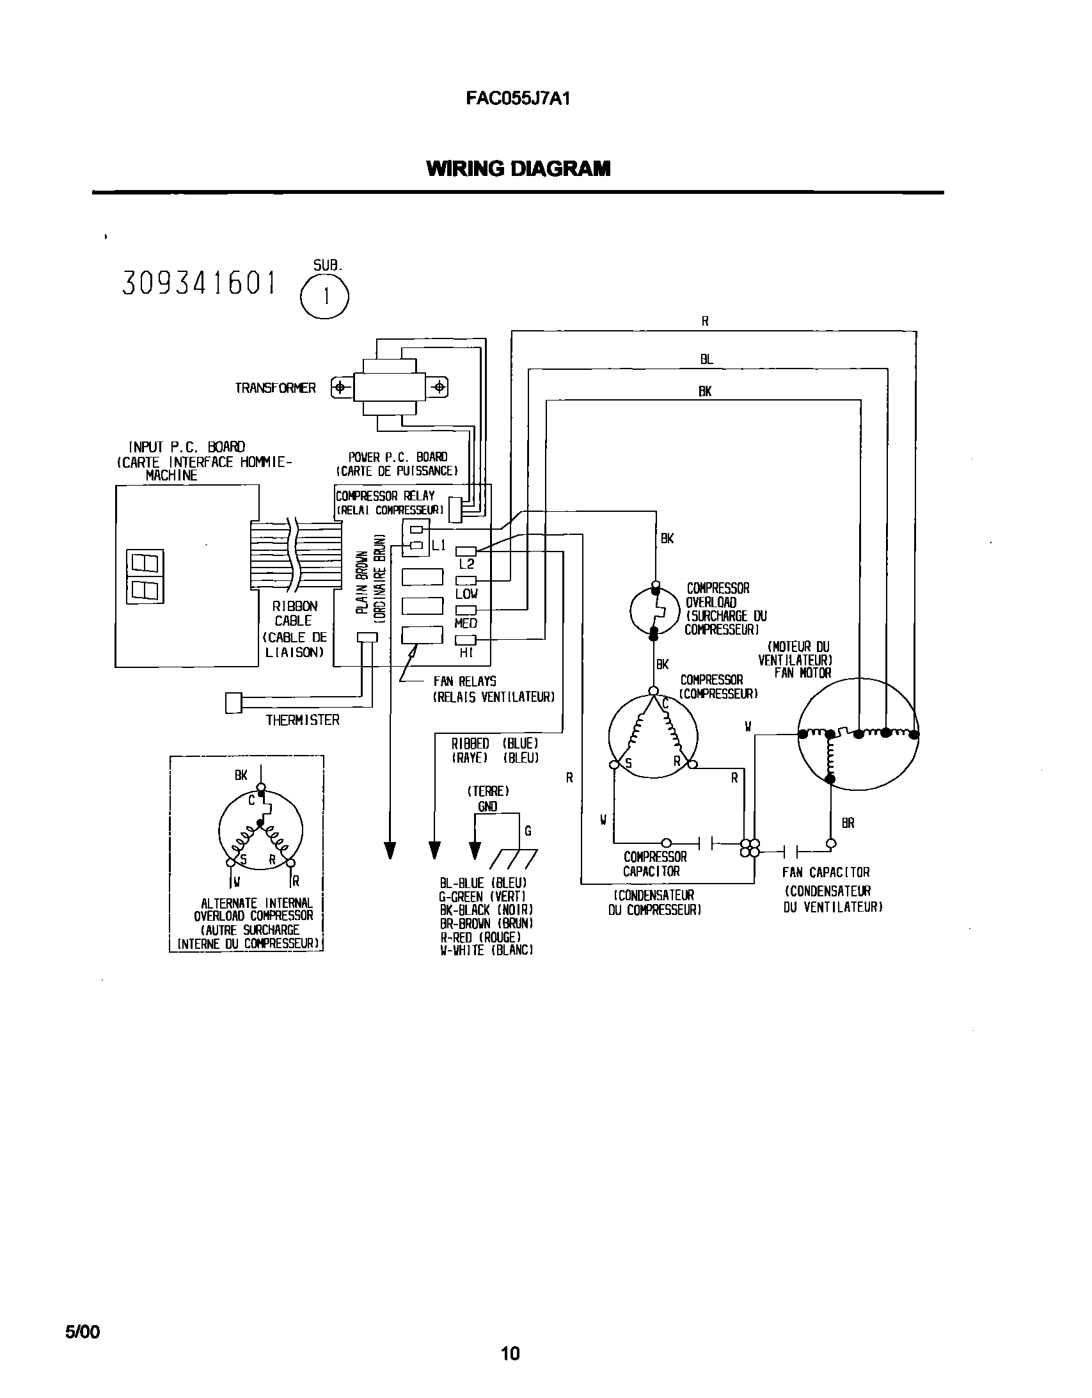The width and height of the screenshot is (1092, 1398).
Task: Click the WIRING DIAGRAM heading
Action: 518,169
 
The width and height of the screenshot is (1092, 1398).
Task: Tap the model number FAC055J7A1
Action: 517,99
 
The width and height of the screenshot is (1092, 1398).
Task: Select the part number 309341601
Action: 199,283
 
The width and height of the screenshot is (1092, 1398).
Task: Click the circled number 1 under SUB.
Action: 325,297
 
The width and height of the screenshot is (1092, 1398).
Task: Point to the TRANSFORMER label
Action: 275,388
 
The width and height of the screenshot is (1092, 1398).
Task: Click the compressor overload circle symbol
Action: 654,610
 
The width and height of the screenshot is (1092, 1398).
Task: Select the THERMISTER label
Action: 302,720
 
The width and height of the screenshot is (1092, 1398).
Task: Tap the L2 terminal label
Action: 466,564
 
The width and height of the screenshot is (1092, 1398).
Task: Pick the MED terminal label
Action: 465,623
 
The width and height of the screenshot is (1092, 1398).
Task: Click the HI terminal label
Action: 465,653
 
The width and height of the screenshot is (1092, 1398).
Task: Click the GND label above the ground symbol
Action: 487,807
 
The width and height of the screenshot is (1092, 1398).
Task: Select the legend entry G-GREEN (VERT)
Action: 482,897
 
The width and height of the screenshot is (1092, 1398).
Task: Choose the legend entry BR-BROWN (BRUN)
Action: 486,924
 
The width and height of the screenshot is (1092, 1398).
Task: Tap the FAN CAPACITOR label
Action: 826,873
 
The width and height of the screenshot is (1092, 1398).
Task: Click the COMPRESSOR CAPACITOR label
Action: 654,864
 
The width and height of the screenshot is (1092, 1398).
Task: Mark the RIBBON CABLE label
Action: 294,613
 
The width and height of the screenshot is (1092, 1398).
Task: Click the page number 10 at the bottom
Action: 510,1353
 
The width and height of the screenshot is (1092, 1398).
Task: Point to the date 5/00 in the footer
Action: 83,1332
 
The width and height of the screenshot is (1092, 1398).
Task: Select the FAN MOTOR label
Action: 802,672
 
